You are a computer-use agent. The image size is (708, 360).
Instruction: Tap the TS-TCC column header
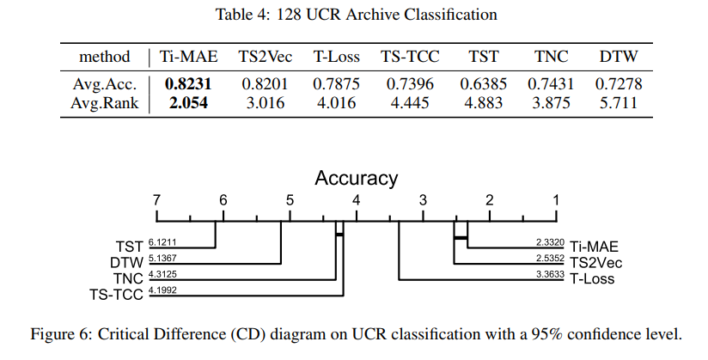(x=411, y=58)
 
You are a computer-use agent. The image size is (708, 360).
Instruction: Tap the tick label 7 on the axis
(x=156, y=200)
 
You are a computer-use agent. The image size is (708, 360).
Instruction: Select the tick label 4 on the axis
(x=357, y=200)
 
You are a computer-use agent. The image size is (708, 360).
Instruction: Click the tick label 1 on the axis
(x=556, y=200)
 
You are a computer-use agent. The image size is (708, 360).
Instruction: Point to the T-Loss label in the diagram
(x=592, y=278)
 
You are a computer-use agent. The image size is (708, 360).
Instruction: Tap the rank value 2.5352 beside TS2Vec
(x=548, y=259)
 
